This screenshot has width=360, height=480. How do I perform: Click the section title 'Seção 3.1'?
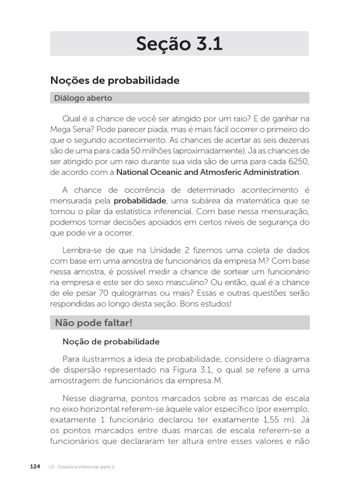(x=179, y=44)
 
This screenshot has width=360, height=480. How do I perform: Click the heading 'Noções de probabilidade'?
(x=115, y=81)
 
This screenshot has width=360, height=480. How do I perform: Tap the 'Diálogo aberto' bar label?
(x=83, y=98)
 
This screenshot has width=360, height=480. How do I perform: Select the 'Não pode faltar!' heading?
(x=94, y=322)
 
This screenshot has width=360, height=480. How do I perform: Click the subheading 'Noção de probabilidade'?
(x=111, y=342)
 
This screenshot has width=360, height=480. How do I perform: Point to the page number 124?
(x=35, y=467)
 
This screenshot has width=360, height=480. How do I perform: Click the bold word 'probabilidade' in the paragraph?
(x=140, y=201)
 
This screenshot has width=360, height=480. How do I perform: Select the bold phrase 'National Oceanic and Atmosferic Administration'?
(x=208, y=172)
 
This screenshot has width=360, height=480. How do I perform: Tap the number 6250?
(x=299, y=161)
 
